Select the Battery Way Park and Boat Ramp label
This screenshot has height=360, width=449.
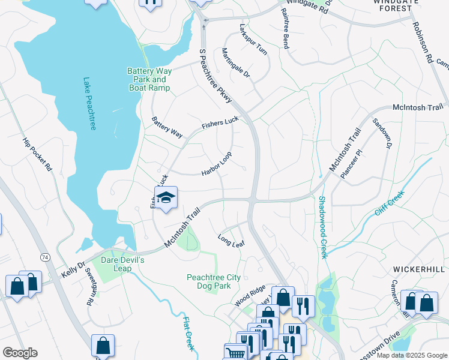[x=149, y=79]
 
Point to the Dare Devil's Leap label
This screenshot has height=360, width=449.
[x=122, y=265]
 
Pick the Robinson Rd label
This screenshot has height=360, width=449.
[x=422, y=43]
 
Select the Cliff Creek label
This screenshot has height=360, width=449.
[x=390, y=205]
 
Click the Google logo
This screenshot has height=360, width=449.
[x=20, y=353]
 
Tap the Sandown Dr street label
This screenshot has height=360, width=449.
[x=382, y=133]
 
